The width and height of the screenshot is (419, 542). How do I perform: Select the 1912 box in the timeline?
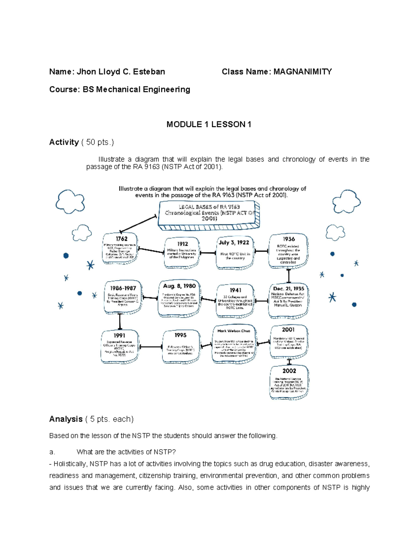pyautogui.click(x=182, y=253)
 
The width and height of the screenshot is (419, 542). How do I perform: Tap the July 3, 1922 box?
pyautogui.click(x=234, y=252)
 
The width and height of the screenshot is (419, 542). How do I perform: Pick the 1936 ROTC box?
pyautogui.click(x=288, y=251)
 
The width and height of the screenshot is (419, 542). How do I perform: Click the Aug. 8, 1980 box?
pyautogui.click(x=179, y=298)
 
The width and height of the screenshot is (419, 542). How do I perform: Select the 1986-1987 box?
pyautogui.click(x=123, y=297)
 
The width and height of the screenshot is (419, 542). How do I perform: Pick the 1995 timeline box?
pyautogui.click(x=181, y=347)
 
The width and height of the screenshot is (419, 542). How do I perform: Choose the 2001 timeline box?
pyautogui.click(x=288, y=341)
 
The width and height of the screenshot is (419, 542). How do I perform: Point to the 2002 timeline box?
pyautogui.click(x=289, y=382)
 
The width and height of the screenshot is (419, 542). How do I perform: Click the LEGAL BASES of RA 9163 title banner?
pyautogui.click(x=208, y=215)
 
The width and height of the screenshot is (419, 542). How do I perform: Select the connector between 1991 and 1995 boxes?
pyautogui.click(x=150, y=347)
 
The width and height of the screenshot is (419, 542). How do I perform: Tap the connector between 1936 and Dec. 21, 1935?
pyautogui.click(x=289, y=276)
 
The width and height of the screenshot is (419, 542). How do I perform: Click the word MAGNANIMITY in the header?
pyautogui.click(x=302, y=72)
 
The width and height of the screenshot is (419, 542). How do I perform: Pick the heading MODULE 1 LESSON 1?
pyautogui.click(x=209, y=125)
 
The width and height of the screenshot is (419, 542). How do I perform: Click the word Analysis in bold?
pyautogui.click(x=66, y=419)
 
